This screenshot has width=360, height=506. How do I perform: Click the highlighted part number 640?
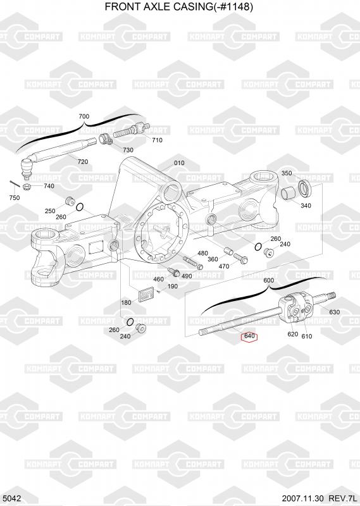click(x=249, y=336)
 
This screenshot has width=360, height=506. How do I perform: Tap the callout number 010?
click(x=179, y=163)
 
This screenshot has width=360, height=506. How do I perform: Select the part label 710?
click(x=157, y=140)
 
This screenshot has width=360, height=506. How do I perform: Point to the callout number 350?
click(x=287, y=173)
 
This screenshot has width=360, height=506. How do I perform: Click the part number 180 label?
click(x=126, y=302)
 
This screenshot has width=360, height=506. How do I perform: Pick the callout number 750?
click(x=15, y=197)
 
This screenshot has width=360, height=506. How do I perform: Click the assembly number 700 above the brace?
click(x=84, y=116)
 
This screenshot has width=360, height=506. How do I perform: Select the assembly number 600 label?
click(x=269, y=280)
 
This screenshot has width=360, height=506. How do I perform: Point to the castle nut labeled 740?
click(x=27, y=186)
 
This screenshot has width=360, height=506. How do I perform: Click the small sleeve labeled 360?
click(x=228, y=250)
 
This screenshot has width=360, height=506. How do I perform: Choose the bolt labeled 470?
click(x=239, y=257)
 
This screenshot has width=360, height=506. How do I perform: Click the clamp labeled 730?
click(x=105, y=140)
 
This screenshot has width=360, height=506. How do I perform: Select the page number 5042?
click(x=11, y=498)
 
